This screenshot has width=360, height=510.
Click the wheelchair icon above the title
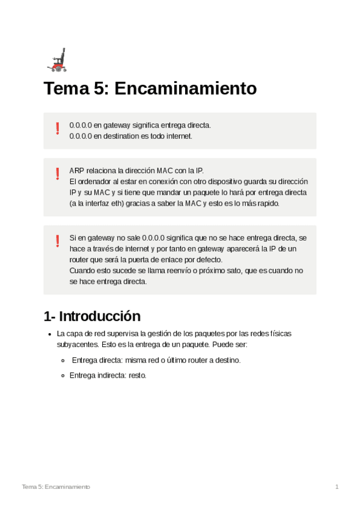pyautogui.click(x=56, y=60)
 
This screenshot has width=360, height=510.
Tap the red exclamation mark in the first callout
pyautogui.click(x=58, y=128)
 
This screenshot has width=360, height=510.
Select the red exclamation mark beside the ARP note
pyautogui.click(x=58, y=174)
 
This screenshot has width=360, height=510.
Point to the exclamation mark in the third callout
pyautogui.click(x=58, y=241)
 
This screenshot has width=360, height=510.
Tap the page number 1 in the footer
pyautogui.click(x=337, y=486)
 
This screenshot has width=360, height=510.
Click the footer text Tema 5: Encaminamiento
pyautogui.click(x=56, y=486)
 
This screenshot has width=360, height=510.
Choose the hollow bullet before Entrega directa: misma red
pyautogui.click(x=64, y=360)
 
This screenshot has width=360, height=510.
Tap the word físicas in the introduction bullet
pyautogui.click(x=281, y=333)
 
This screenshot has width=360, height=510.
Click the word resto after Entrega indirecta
pyautogui.click(x=138, y=375)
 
